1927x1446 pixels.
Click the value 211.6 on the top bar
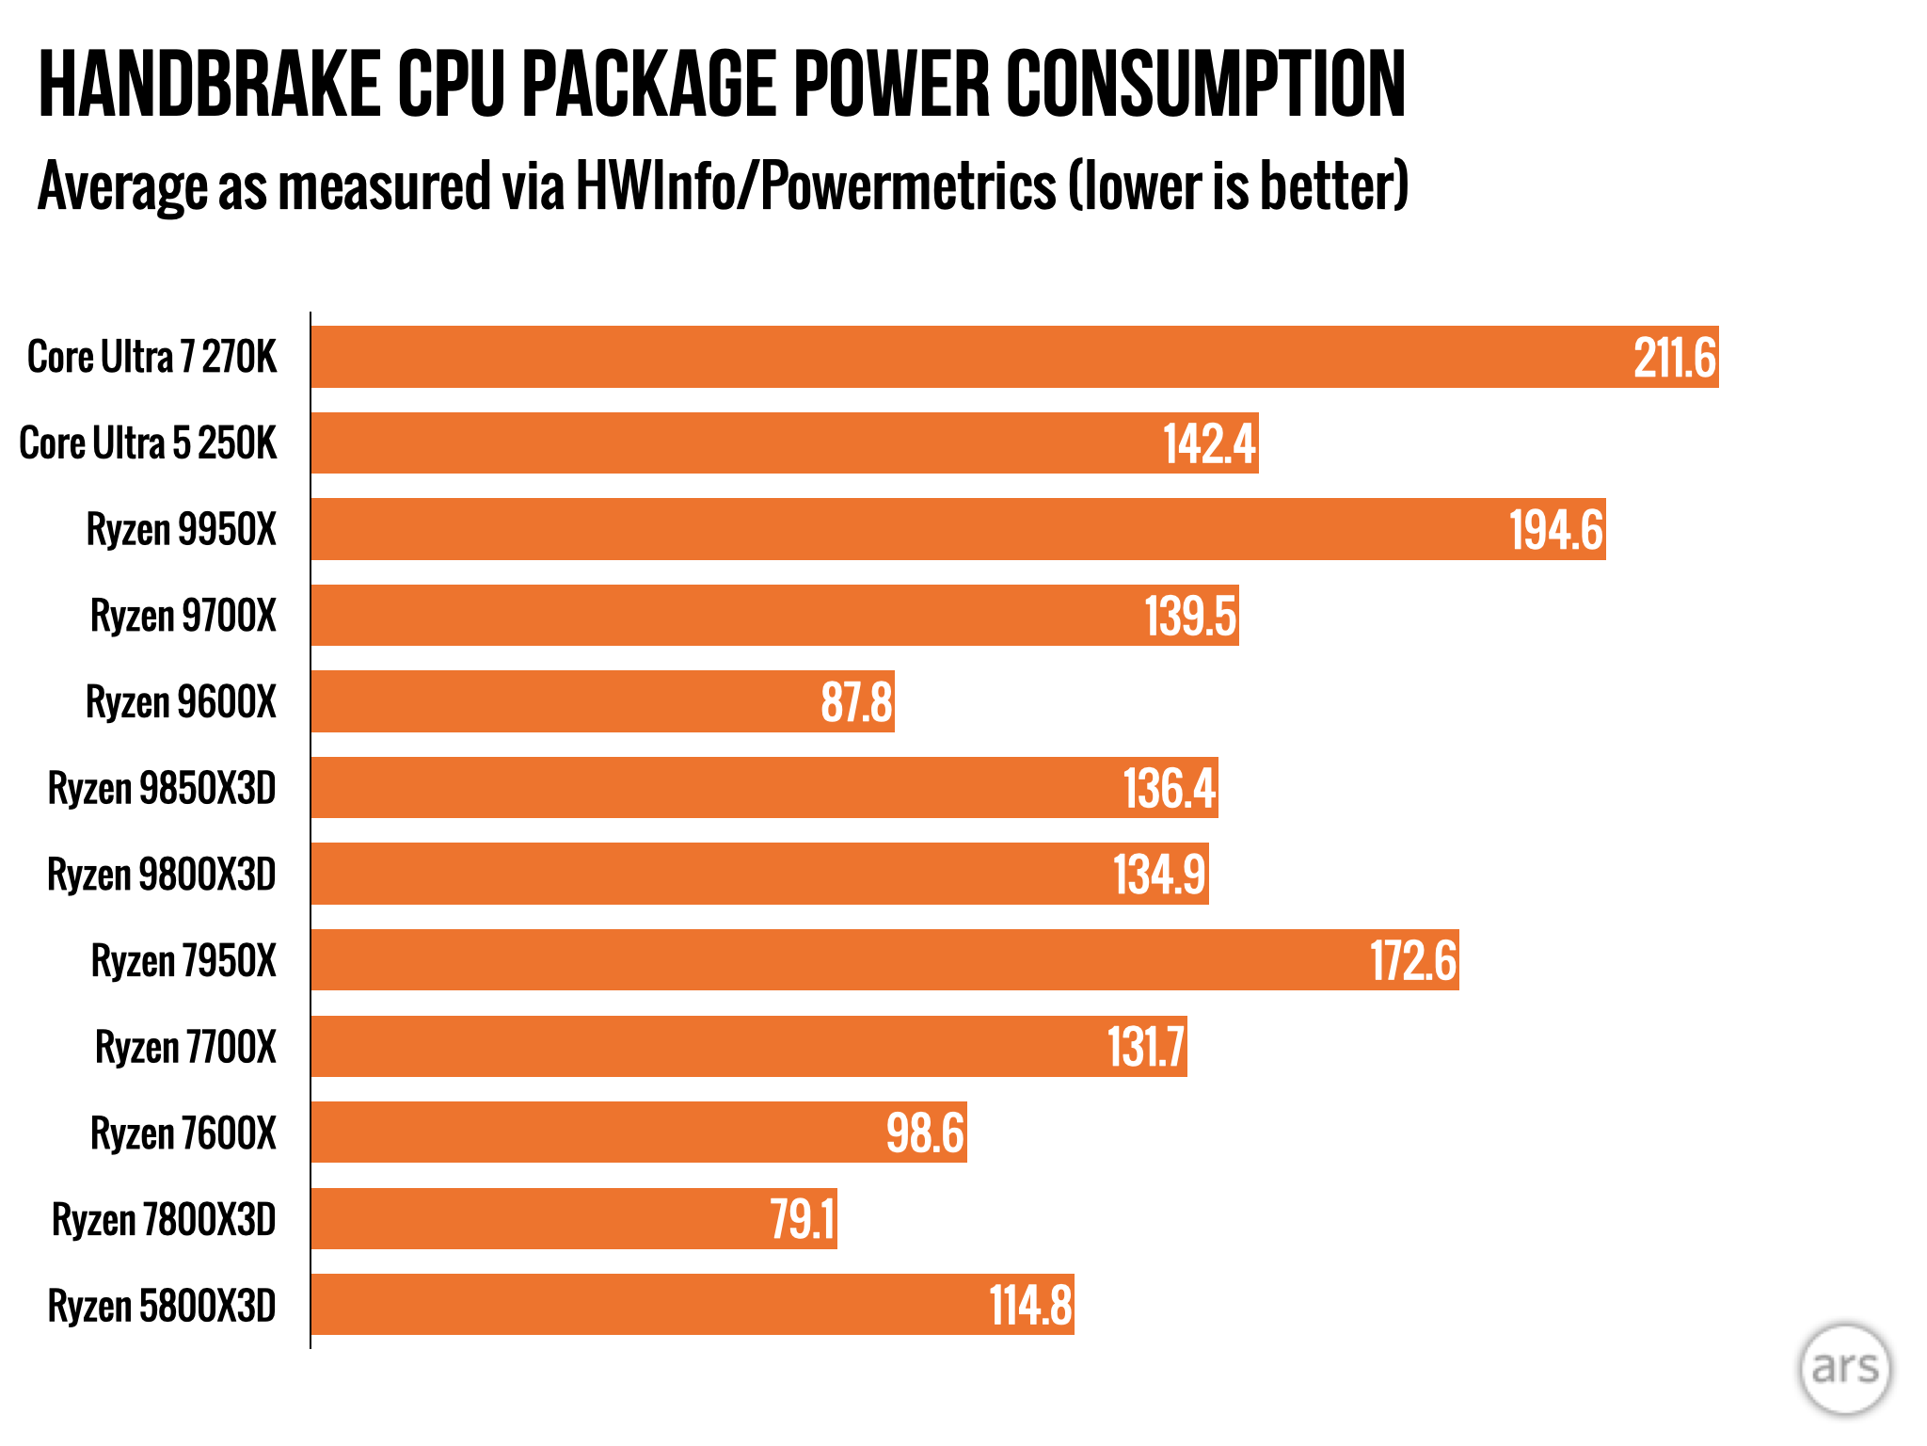(1675, 358)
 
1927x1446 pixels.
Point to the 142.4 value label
(1209, 443)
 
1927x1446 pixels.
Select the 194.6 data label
(1555, 530)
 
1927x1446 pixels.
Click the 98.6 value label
(925, 1133)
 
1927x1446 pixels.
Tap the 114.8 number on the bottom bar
(1030, 1306)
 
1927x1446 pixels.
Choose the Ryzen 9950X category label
(182, 529)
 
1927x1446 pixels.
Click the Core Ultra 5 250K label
(148, 443)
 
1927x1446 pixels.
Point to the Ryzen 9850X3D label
(162, 788)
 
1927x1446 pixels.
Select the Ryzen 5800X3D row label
(162, 1306)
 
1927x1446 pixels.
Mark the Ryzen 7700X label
(185, 1047)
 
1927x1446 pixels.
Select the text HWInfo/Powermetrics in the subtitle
(815, 185)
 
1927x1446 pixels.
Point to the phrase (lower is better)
(1237, 185)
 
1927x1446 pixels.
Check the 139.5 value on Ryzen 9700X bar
(1189, 617)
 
